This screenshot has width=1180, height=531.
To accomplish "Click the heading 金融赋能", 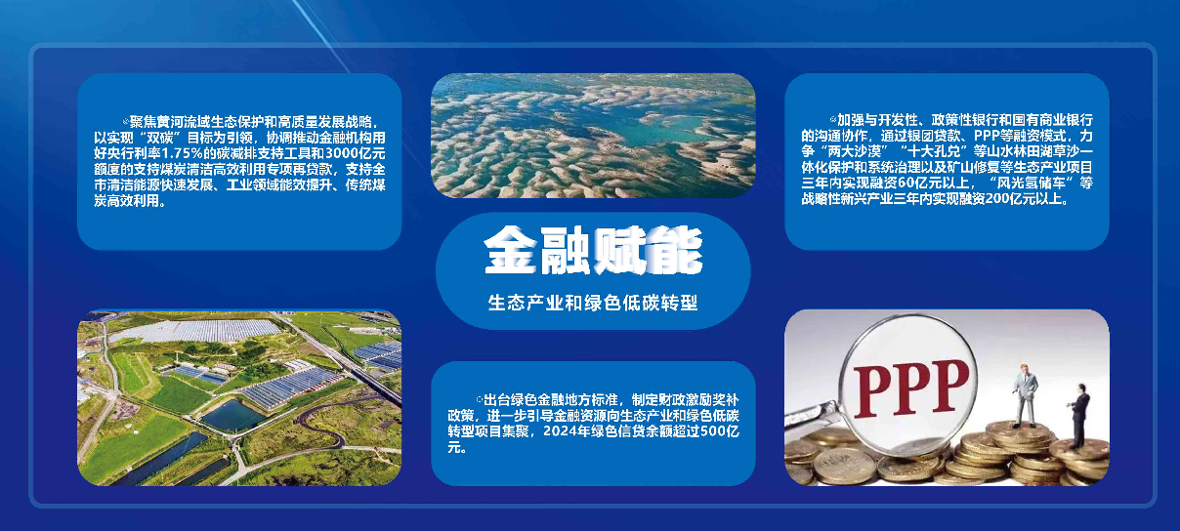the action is click(x=593, y=250).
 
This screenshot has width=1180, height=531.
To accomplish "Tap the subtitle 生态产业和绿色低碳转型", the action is click(x=593, y=303).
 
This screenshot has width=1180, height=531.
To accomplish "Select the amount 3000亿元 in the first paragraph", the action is click(x=355, y=153).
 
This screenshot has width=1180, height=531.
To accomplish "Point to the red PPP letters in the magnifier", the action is click(x=910, y=388).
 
